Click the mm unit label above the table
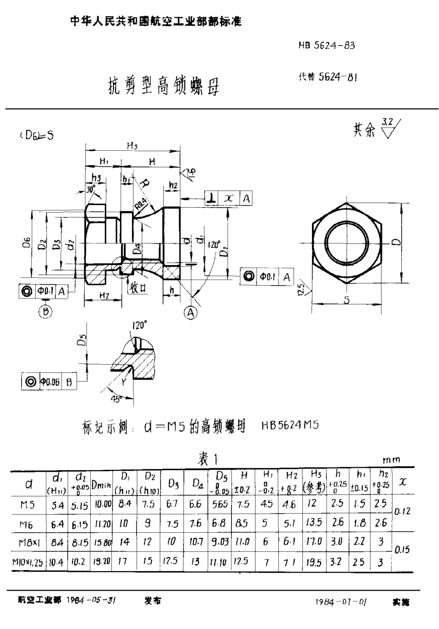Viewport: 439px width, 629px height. tap(391, 460)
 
